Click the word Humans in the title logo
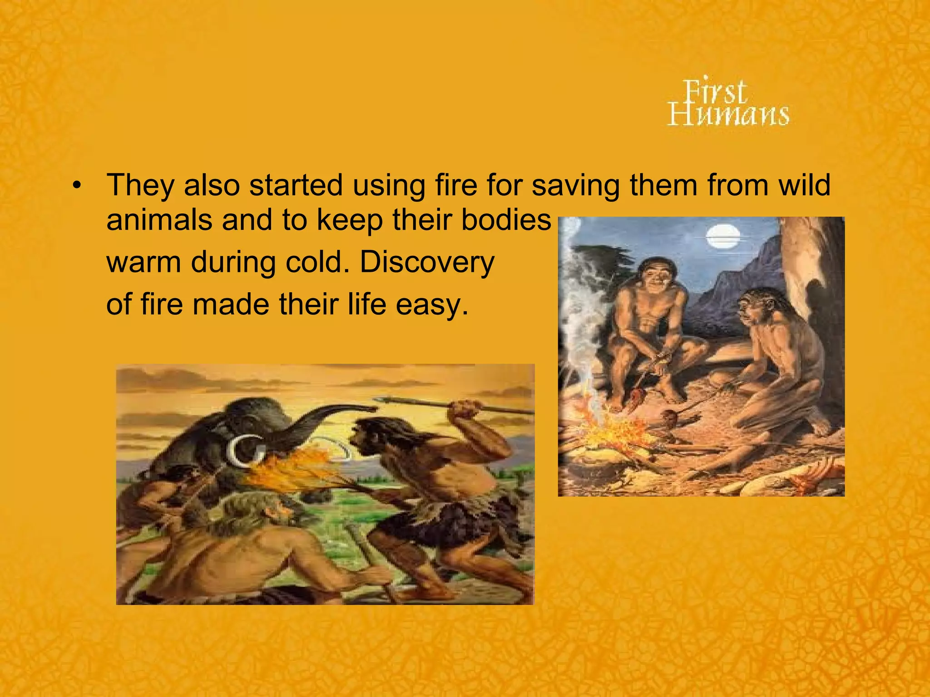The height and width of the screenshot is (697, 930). (x=728, y=114)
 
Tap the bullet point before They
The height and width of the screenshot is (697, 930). (x=78, y=186)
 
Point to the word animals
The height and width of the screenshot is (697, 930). (x=159, y=220)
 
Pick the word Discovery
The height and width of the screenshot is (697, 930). (x=427, y=262)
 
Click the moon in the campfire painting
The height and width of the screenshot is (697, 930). (x=723, y=237)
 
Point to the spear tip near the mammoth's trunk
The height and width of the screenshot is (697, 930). (x=386, y=400)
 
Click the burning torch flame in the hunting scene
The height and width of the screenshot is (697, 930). (x=291, y=472)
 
